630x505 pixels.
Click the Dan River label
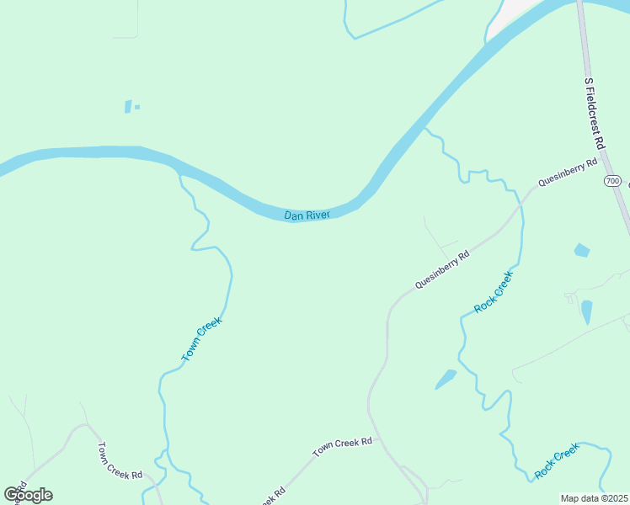(307, 215)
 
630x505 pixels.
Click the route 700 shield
(612, 181)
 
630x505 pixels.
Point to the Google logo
(28, 494)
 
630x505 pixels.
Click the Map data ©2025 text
(595, 498)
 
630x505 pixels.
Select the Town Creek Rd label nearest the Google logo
(119, 461)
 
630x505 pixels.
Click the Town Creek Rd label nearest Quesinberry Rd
(343, 447)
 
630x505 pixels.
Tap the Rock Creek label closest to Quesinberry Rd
(493, 292)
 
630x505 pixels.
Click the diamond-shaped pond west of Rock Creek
(446, 379)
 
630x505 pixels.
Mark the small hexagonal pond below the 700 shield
(581, 250)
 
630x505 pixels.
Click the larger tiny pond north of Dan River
(128, 106)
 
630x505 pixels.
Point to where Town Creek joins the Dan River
(179, 172)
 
